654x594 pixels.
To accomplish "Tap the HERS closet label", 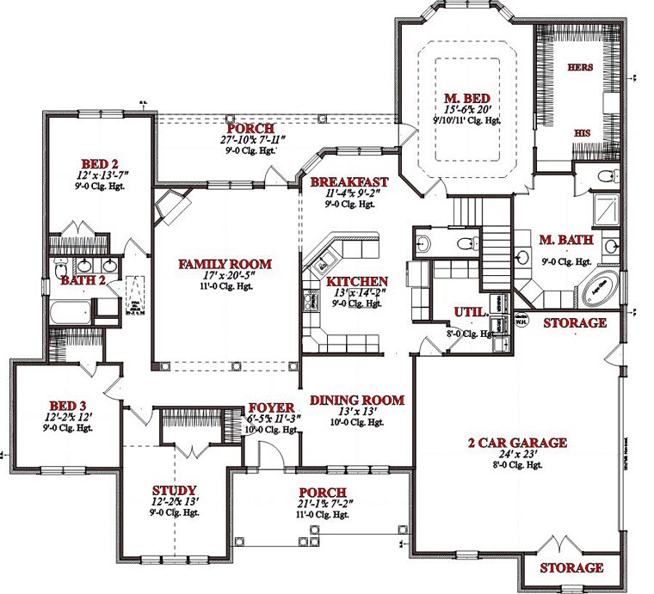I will coord(579,67).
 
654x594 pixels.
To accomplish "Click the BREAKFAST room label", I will coord(349,182).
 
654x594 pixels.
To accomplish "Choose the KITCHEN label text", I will coord(356,281).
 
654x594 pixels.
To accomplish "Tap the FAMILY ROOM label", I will coord(225,264).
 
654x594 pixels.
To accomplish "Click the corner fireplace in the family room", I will coord(169,206).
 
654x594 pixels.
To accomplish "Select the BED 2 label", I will coord(99,164).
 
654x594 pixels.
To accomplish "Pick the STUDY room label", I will coord(175,489).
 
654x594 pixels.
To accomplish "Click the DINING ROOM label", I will coord(357,400).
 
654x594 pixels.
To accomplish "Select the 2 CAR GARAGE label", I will coord(516,443).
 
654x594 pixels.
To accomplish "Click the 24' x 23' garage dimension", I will coord(516,455).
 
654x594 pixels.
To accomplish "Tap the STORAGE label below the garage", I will coord(571,568).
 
